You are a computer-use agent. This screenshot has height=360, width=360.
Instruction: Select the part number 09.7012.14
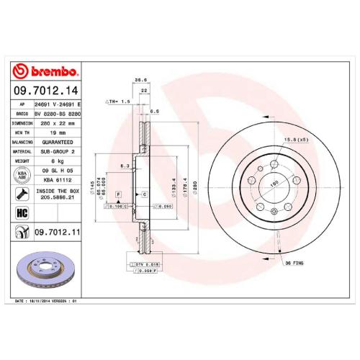click(45, 91)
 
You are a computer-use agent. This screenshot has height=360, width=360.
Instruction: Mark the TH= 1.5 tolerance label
click(117, 102)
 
